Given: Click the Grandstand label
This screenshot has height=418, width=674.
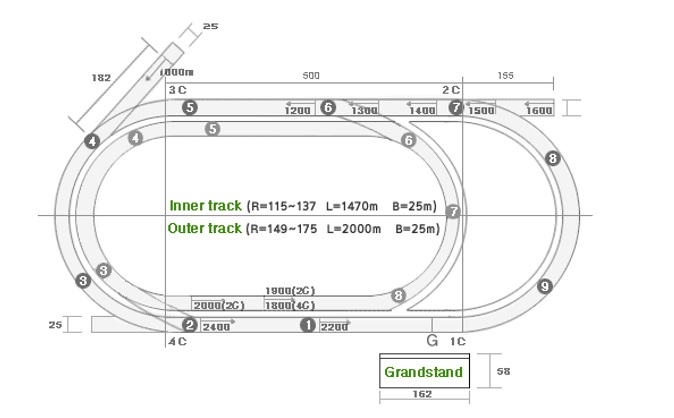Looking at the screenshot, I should [x=423, y=372].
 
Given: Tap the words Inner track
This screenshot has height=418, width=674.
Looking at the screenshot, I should [x=206, y=206].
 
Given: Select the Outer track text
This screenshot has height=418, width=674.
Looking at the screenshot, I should [x=206, y=228].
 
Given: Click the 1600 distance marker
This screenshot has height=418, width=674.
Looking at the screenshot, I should [x=539, y=110].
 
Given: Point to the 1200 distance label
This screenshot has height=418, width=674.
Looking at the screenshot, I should [x=297, y=110].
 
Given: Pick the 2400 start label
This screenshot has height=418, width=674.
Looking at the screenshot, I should [x=216, y=326].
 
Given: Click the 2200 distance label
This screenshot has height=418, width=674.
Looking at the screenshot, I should [x=334, y=326].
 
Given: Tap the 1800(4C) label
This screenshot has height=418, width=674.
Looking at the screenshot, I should [x=291, y=305].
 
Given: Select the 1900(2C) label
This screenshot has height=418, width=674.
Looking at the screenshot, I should [x=291, y=291].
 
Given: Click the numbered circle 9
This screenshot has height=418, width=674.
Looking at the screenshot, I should [x=544, y=286].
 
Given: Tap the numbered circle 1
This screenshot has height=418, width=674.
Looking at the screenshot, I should [x=308, y=325].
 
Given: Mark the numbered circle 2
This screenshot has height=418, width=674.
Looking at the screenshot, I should [x=189, y=325].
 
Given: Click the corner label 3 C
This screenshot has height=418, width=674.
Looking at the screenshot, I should [x=177, y=89].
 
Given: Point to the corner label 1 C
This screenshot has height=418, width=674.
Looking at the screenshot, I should [x=457, y=341].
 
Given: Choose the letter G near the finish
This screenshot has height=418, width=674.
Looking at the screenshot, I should [x=432, y=340].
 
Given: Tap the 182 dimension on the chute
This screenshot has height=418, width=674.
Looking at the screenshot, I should [x=100, y=75].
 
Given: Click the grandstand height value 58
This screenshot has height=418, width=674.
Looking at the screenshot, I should [x=502, y=372].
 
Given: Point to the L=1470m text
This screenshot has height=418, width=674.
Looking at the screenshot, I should [x=356, y=206].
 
